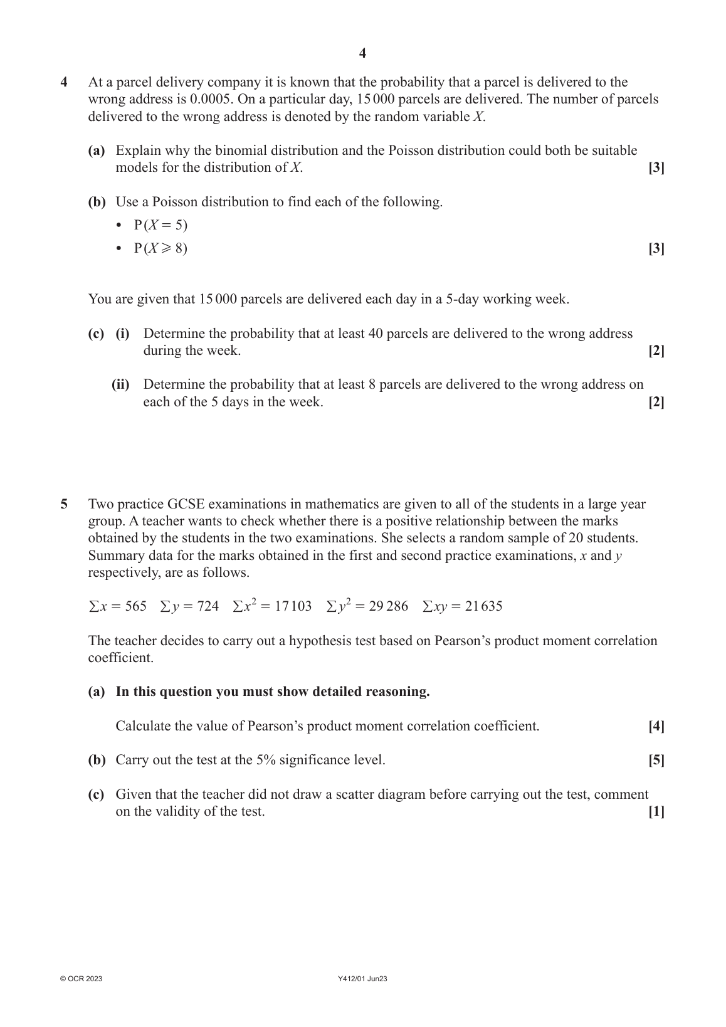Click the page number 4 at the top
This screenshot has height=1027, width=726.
362,53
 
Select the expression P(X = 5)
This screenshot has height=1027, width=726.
160,225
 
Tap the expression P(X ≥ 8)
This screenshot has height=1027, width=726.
160,248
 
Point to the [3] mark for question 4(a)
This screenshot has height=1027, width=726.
656,167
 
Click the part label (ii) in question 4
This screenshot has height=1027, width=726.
120,384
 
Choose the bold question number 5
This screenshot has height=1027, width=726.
64,504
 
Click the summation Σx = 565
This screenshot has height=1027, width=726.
117,606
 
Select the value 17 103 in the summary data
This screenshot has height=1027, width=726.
293,606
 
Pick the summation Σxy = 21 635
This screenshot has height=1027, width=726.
462,606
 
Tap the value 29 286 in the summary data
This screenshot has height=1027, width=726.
388,606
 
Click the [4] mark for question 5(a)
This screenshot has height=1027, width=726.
656,726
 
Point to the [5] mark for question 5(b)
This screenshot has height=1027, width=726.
656,760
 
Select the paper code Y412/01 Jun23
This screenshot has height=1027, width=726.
362,979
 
